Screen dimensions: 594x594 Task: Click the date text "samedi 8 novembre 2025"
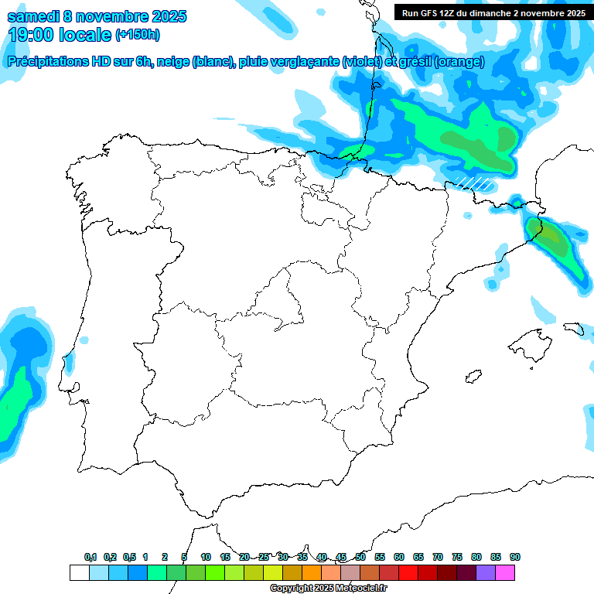[x=97, y=16]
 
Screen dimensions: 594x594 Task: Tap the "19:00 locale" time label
[x=60, y=35]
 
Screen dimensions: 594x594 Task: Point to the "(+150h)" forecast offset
[x=138, y=35]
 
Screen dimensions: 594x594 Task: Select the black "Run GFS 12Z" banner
[x=493, y=12]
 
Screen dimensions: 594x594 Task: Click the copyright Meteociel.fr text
[x=327, y=588]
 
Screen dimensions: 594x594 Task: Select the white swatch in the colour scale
[x=79, y=573]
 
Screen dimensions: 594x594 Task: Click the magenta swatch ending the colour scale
[x=505, y=573]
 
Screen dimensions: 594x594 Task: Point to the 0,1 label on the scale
[x=90, y=558]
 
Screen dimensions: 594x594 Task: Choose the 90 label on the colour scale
[x=515, y=558]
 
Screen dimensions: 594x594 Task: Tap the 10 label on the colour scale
[x=206, y=558]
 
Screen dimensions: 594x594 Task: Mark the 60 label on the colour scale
[x=399, y=558]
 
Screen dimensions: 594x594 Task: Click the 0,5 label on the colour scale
[x=129, y=558]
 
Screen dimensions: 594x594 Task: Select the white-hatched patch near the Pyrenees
[x=473, y=183]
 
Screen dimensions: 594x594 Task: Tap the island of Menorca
[x=574, y=328]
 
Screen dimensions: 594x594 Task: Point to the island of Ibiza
[x=472, y=377]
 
